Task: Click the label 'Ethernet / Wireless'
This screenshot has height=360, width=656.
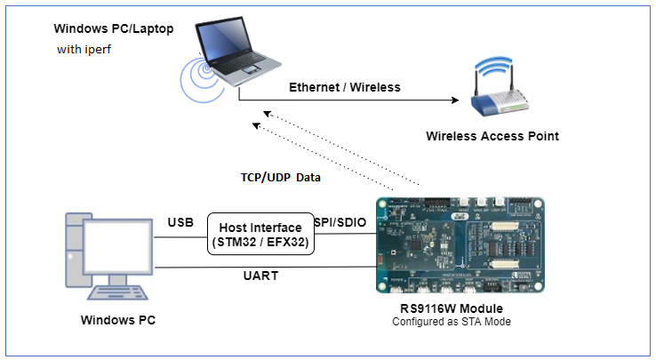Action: point(345,87)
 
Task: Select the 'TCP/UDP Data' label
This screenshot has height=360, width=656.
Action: point(281,177)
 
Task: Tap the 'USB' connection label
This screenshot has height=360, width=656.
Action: point(181,221)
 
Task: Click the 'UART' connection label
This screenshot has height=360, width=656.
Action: point(261,276)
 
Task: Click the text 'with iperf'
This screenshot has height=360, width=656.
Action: point(84,49)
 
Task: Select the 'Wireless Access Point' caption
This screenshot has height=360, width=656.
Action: point(492,136)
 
